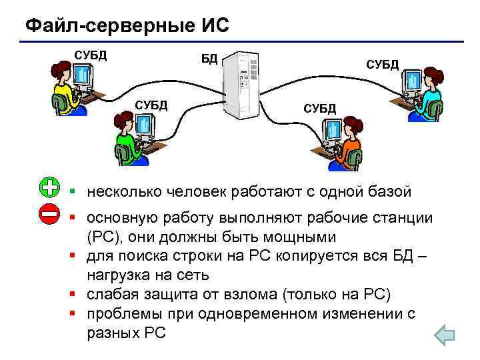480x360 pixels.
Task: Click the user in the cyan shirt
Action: tap(427, 93)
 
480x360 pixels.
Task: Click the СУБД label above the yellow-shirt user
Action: tap(90, 54)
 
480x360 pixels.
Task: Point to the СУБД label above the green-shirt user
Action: tap(151, 105)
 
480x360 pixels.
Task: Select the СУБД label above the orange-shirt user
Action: tap(320, 108)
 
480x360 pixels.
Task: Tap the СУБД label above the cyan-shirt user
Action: tap(383, 64)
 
